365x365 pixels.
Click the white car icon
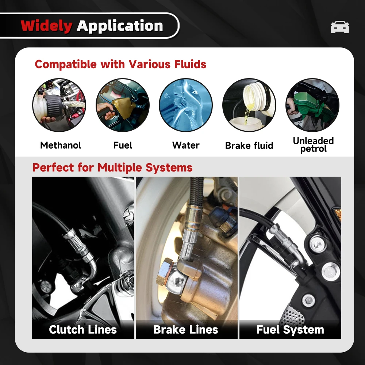tap(339, 27)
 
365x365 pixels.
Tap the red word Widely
tap(46, 26)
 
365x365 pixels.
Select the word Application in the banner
tap(120, 26)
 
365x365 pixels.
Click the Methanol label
tap(61, 145)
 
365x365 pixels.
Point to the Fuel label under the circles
tap(123, 145)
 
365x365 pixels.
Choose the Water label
tap(186, 145)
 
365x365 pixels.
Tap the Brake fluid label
tap(249, 146)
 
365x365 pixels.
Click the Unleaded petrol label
tap(313, 145)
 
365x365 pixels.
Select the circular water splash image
tap(186, 105)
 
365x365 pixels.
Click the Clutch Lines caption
tap(83, 330)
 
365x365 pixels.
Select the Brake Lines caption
tap(186, 330)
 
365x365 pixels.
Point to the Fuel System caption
tap(290, 330)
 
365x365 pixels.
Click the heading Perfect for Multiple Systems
tap(112, 168)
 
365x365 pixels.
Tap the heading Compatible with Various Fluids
tap(120, 64)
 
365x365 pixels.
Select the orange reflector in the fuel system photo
tap(338, 214)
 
